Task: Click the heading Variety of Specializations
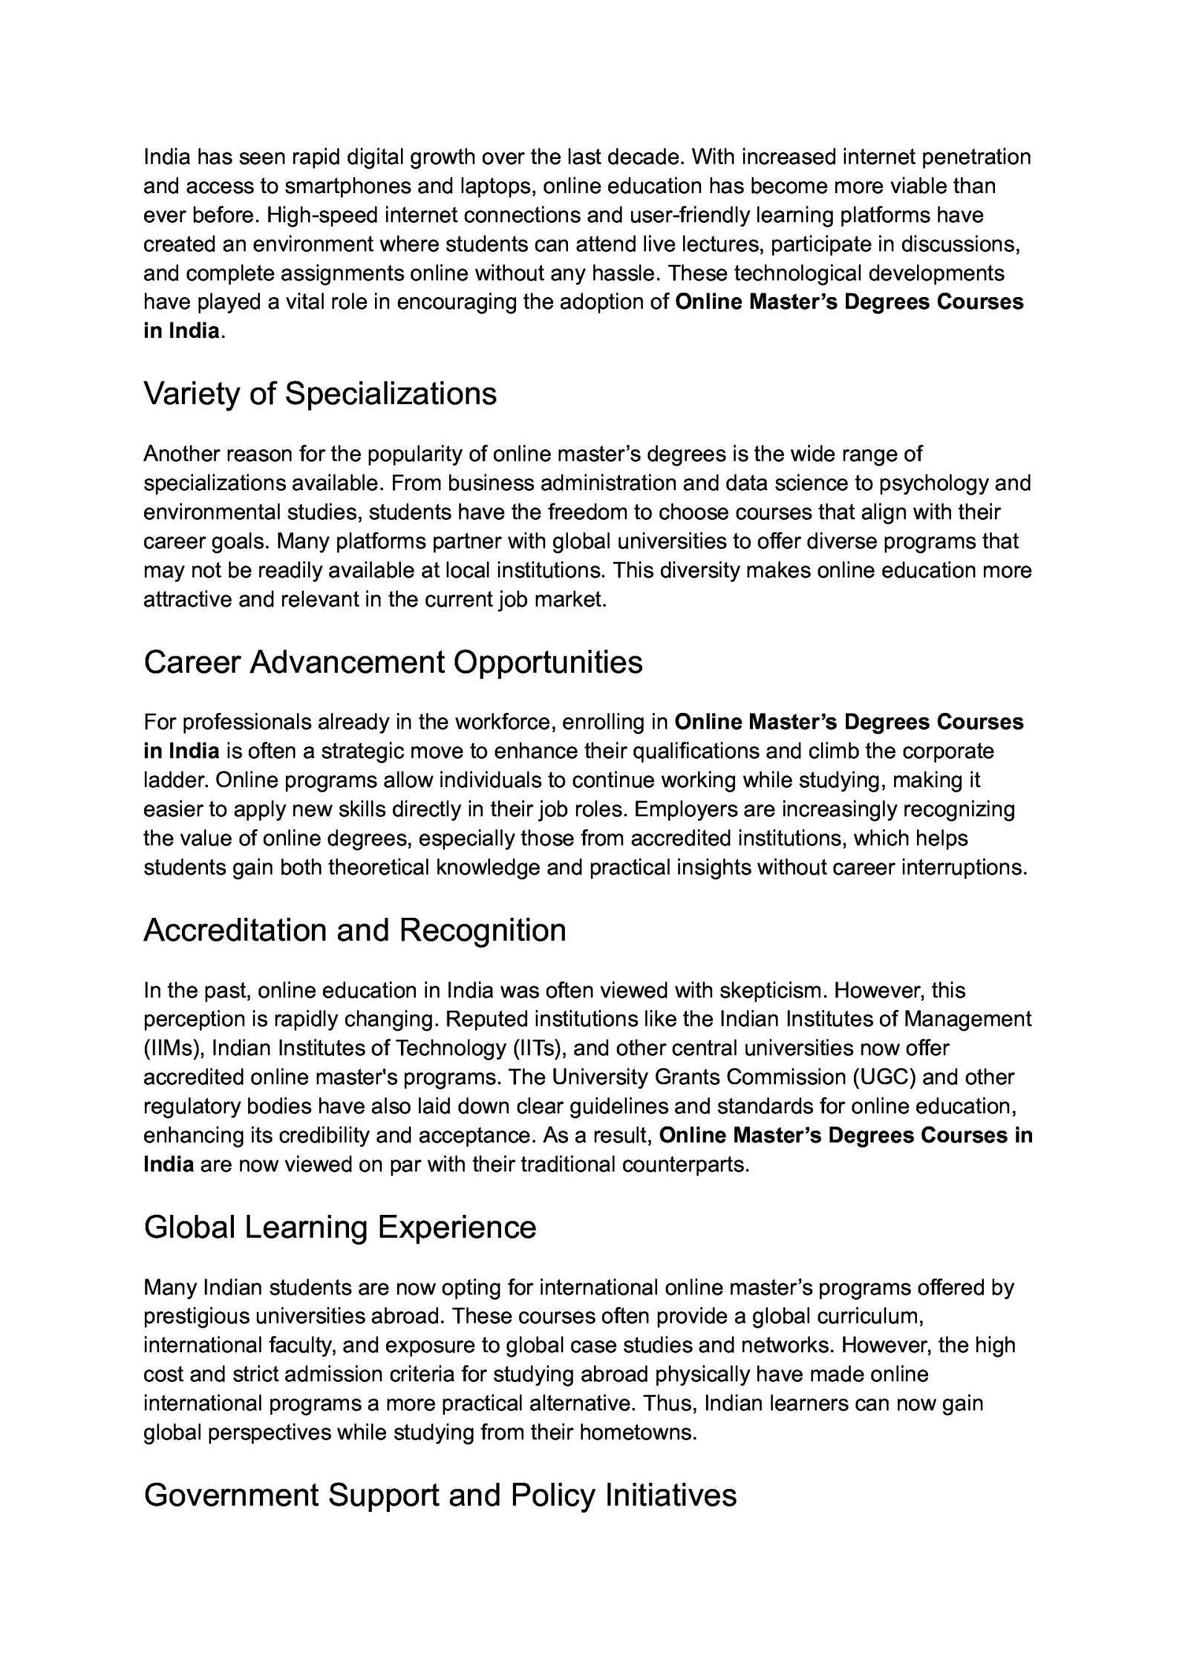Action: point(319,394)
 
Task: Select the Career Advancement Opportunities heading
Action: point(393,662)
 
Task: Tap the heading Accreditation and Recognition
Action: point(354,930)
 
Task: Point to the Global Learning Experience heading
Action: point(339,1227)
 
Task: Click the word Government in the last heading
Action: point(230,1495)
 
